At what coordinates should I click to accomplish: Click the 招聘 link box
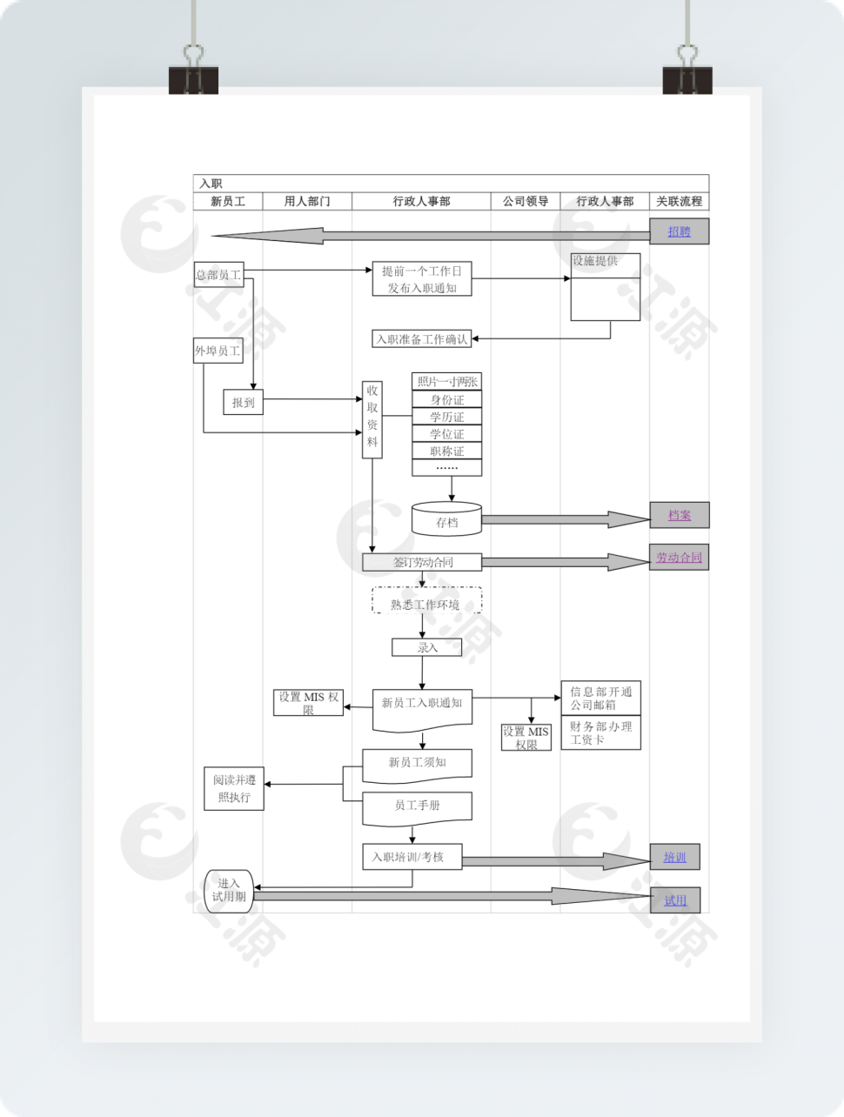679,231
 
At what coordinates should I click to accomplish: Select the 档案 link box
679,515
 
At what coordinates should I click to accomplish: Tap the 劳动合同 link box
679,558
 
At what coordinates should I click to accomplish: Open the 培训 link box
674,857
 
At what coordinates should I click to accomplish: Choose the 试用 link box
674,900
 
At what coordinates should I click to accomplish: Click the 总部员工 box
218,275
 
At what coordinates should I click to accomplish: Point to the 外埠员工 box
218,351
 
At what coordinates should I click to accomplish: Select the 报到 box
244,403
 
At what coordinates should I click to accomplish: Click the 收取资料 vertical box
372,419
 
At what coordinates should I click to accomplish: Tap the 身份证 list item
446,399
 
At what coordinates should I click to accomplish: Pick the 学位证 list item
446,434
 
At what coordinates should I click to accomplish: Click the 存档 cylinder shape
446,519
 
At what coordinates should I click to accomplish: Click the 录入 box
426,647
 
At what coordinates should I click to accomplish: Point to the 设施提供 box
605,287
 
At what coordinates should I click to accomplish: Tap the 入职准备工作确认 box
422,339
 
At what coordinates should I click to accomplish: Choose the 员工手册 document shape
417,806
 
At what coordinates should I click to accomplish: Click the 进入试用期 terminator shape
229,891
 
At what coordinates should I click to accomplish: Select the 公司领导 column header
526,201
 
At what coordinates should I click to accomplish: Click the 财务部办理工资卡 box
600,732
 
